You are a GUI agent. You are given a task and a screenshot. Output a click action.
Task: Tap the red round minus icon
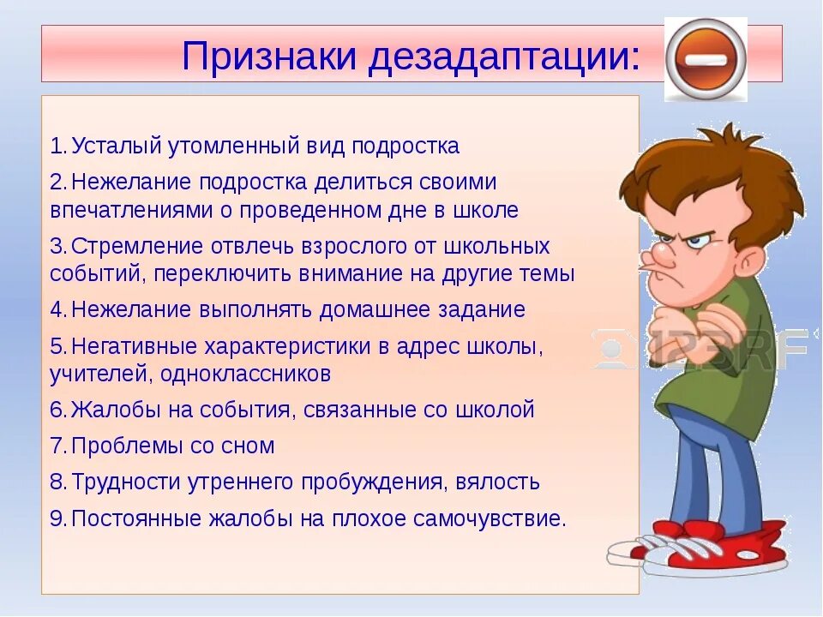click(x=706, y=59)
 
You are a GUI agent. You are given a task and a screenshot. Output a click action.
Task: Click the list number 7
click(x=57, y=446)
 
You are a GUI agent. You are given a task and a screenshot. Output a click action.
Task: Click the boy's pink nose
click(x=666, y=258)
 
